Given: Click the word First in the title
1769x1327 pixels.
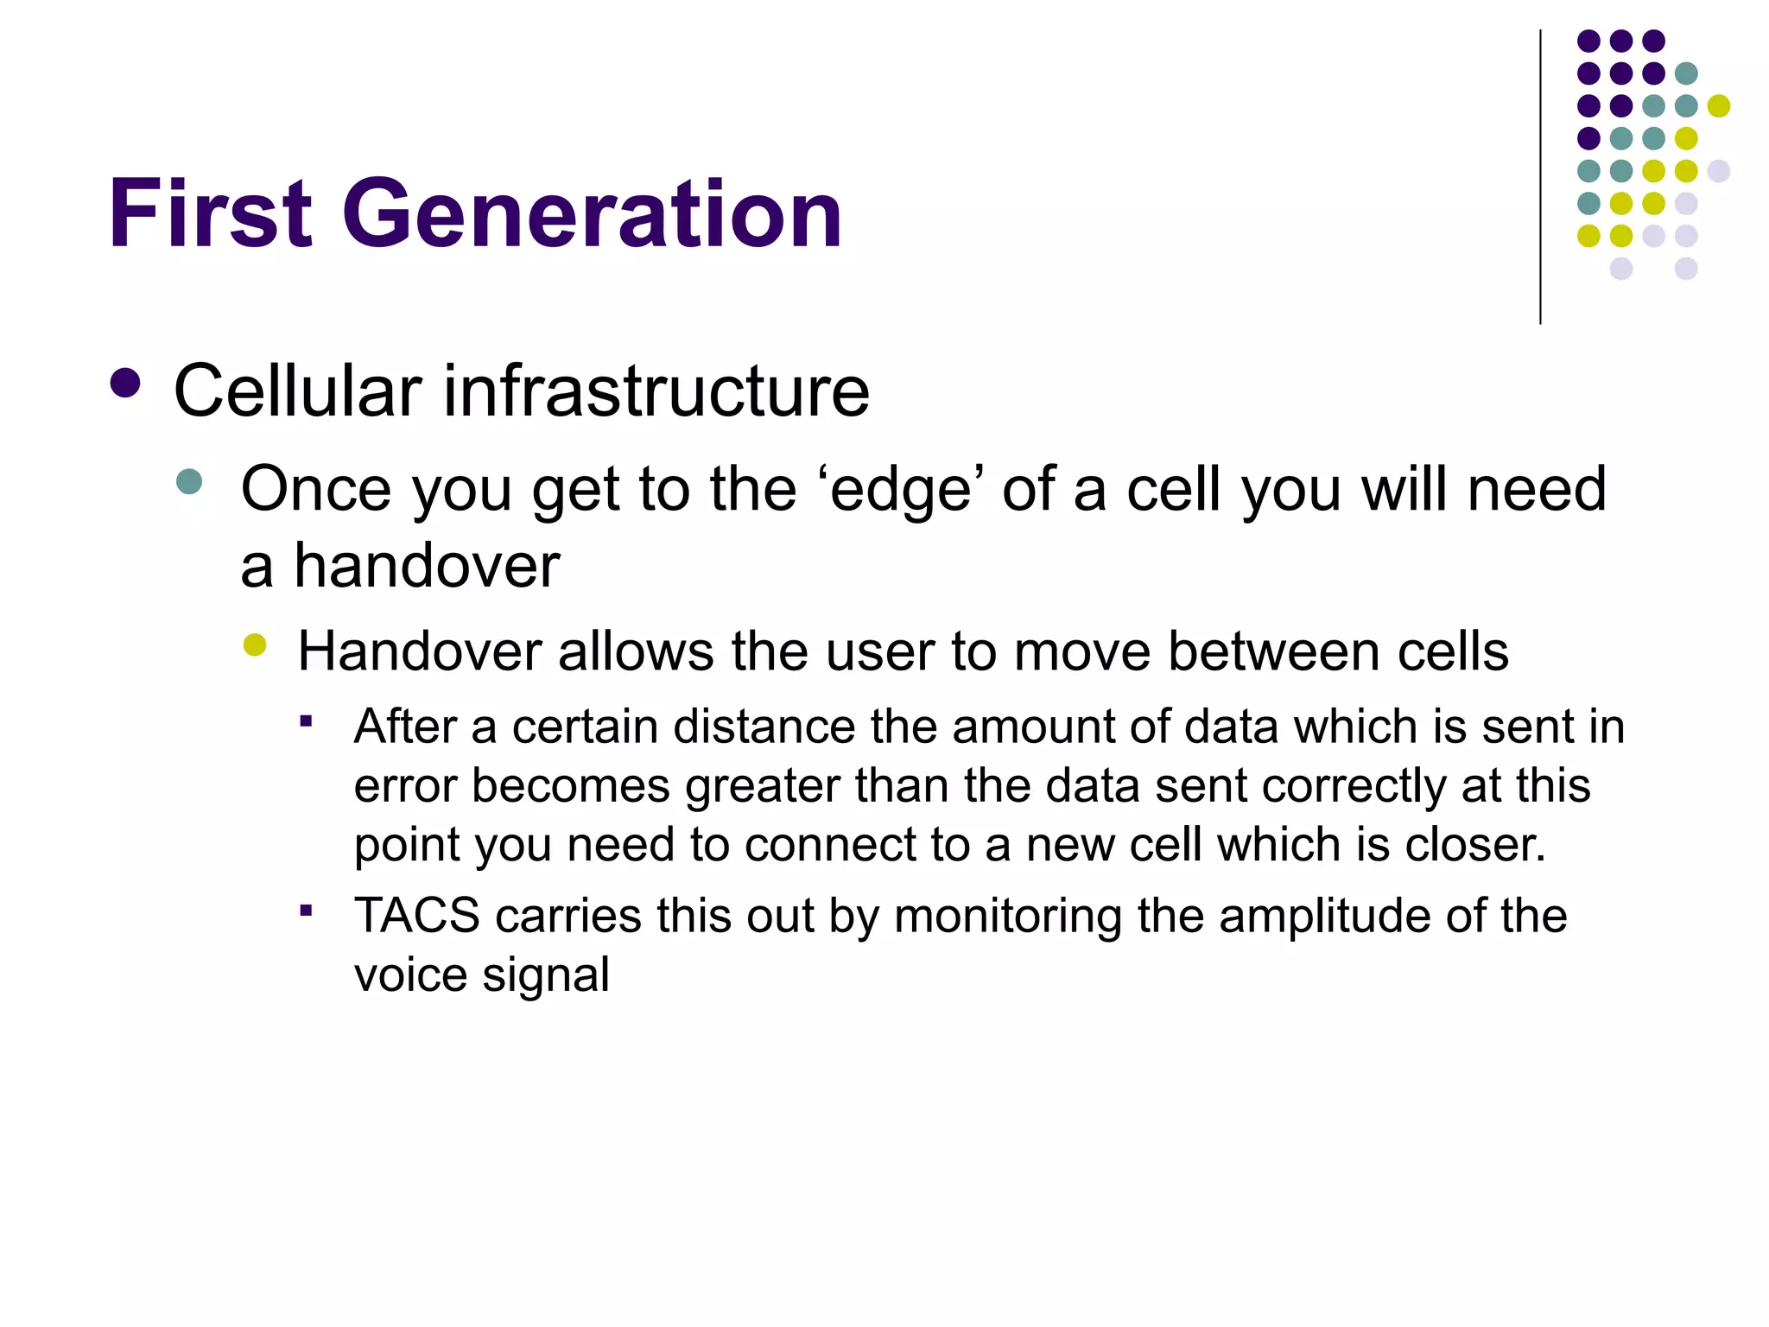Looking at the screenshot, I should pos(210,213).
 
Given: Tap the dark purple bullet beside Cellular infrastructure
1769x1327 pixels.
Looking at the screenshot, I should pos(126,384).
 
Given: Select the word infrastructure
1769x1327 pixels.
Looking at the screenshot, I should pos(656,391).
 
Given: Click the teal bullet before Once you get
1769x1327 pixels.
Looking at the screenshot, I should pos(188,481).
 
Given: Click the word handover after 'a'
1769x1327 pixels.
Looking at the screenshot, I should pos(427,567).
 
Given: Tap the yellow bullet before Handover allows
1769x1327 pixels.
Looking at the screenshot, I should pos(255,644).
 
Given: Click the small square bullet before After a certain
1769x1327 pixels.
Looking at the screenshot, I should pos(306,720).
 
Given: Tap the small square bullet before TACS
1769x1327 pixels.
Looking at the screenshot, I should pos(306,910).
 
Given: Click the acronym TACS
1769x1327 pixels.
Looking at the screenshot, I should pos(416,916).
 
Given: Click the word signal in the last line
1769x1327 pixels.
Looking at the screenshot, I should pos(545,975).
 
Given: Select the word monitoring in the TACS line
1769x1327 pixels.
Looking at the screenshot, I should pos(1007,916).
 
